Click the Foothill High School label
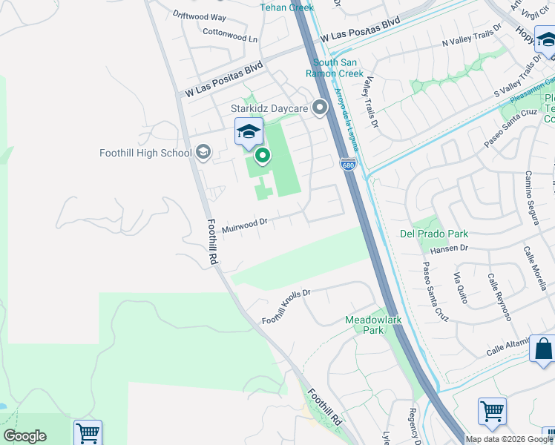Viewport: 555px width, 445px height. (145, 154)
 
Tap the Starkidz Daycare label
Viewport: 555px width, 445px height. (269, 109)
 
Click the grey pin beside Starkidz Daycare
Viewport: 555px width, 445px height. (321, 109)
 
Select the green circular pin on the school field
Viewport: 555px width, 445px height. (262, 156)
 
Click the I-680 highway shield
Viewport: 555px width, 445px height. (348, 164)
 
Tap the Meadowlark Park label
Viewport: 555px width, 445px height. (373, 325)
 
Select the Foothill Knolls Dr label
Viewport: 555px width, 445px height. (286, 306)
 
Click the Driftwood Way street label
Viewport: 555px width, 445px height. (200, 16)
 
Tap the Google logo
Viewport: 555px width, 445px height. (24, 436)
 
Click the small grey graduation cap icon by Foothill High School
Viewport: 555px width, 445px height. (203, 153)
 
